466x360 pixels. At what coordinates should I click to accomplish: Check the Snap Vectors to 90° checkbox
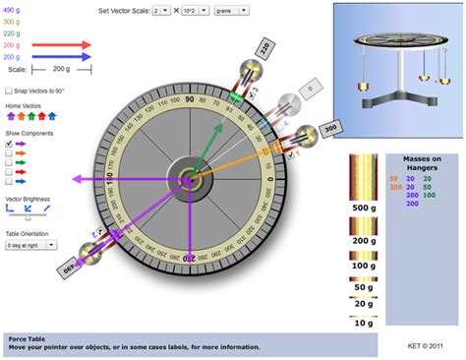[10, 90]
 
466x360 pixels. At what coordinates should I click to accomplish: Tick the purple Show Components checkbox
[10, 144]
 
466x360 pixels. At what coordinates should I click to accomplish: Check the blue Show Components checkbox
[10, 183]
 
